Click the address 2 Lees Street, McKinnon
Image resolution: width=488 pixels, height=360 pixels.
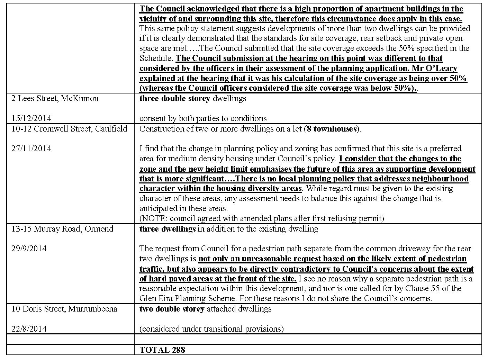click(55, 98)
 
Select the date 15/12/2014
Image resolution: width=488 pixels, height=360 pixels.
click(31, 118)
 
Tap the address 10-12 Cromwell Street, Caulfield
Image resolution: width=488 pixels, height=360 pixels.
click(69, 129)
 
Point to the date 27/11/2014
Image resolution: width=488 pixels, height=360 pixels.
click(31, 148)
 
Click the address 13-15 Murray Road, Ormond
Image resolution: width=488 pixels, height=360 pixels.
click(62, 229)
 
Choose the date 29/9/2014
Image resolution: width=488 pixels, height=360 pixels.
click(29, 249)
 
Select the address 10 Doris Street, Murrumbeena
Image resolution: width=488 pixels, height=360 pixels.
click(64, 309)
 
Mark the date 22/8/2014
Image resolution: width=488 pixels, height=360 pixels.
click(29, 328)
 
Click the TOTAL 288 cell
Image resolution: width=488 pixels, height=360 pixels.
click(162, 350)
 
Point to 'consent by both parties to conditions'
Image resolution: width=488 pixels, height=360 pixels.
click(203, 118)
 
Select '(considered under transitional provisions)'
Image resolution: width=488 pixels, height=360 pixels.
click(211, 328)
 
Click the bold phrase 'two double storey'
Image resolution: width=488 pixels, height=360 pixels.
click(172, 309)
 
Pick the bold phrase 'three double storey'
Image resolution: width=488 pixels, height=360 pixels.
click(175, 98)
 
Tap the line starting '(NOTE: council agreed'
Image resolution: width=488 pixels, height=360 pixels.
click(262, 218)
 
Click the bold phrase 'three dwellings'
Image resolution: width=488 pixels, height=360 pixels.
click(167, 229)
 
